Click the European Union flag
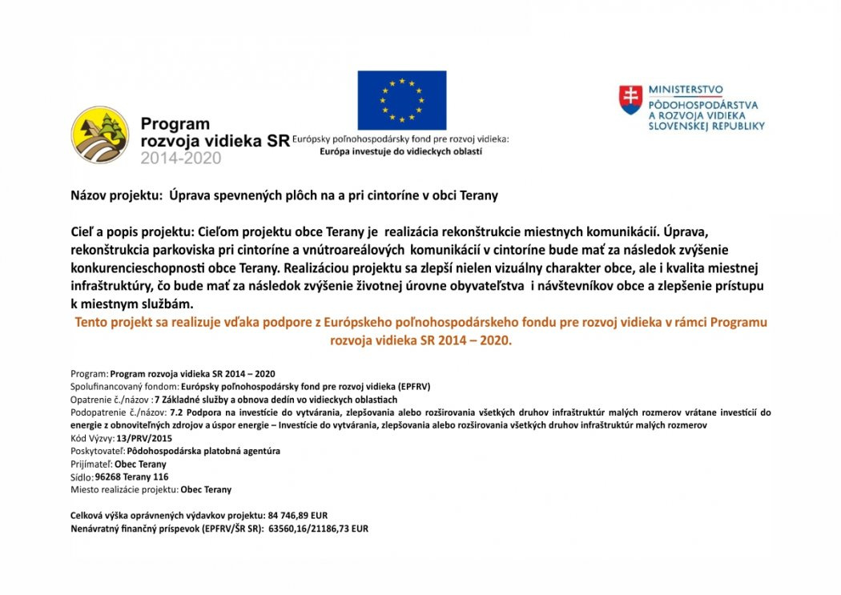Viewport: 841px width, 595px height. pyautogui.click(x=401, y=100)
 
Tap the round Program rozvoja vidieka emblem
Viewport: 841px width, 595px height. pyautogui.click(x=100, y=135)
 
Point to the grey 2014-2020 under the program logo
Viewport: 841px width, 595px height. pyautogui.click(x=181, y=159)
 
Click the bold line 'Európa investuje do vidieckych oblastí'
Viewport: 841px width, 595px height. pyautogui.click(x=401, y=151)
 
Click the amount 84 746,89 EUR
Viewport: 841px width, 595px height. pyautogui.click(x=298, y=515)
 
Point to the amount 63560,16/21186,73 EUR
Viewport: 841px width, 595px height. pyautogui.click(x=318, y=529)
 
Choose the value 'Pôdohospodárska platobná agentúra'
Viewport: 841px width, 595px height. pyautogui.click(x=203, y=451)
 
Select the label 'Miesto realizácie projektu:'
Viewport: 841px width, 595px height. pyautogui.click(x=124, y=489)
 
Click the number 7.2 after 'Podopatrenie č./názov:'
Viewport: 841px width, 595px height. pyautogui.click(x=178, y=412)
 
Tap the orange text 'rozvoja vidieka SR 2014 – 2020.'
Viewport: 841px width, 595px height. pyautogui.click(x=420, y=340)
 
